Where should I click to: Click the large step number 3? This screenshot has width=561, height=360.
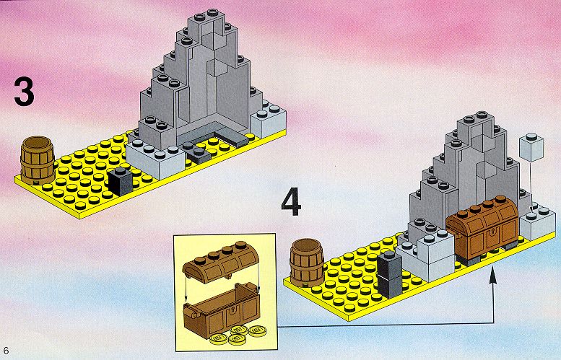click(25, 92)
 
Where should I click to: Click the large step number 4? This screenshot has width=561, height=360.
click(291, 203)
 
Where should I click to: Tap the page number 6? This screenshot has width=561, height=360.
click(6, 350)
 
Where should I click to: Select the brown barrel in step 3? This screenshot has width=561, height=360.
click(38, 159)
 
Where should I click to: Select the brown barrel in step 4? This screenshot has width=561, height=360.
click(307, 263)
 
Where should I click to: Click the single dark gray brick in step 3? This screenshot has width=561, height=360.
click(121, 181)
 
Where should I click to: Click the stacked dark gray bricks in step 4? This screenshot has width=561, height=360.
click(390, 275)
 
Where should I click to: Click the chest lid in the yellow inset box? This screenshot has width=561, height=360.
click(220, 263)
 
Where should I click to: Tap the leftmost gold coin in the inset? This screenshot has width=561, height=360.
click(219, 338)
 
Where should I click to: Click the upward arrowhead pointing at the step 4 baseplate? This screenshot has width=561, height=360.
click(493, 278)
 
